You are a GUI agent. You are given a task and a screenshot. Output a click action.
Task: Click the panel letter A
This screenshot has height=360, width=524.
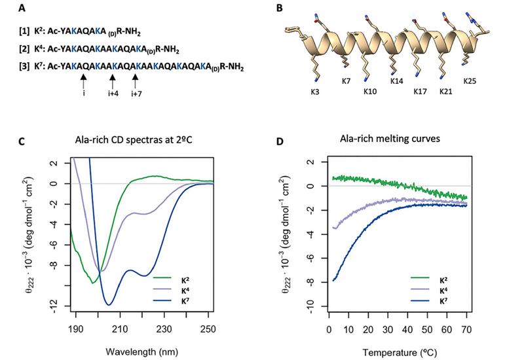click(x=22, y=8)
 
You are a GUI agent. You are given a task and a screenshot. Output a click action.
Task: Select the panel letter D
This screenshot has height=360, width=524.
click(x=280, y=141)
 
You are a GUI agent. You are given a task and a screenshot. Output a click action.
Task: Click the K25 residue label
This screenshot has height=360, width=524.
click(x=470, y=81)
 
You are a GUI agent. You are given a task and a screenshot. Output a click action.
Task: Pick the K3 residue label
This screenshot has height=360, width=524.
click(x=315, y=92)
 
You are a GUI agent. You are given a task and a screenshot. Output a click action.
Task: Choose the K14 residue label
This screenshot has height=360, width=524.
click(x=397, y=81)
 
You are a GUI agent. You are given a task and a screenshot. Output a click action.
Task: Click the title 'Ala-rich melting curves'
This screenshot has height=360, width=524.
click(x=390, y=138)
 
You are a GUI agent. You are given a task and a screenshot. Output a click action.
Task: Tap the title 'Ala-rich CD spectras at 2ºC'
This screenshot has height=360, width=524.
click(x=134, y=139)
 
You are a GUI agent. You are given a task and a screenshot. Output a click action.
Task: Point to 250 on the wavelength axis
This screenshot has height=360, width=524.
click(x=208, y=329)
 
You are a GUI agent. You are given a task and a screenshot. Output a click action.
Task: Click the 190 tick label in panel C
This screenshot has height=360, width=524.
click(x=76, y=329)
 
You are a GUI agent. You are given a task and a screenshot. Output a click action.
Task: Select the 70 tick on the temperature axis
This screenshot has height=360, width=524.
click(x=466, y=330)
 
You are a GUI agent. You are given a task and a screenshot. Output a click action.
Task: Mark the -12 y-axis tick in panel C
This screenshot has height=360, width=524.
click(x=54, y=306)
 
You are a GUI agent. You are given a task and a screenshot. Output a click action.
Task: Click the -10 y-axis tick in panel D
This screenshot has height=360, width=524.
click(x=310, y=306)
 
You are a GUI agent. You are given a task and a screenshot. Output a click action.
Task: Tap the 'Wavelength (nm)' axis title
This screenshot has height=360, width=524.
click(x=141, y=351)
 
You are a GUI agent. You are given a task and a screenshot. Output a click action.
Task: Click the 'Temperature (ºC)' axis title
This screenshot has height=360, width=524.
click(x=400, y=353)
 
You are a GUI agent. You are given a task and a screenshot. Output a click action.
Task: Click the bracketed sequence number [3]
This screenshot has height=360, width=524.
click(x=24, y=67)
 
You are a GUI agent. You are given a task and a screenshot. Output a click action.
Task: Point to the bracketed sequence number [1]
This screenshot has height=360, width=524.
click(x=24, y=31)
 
